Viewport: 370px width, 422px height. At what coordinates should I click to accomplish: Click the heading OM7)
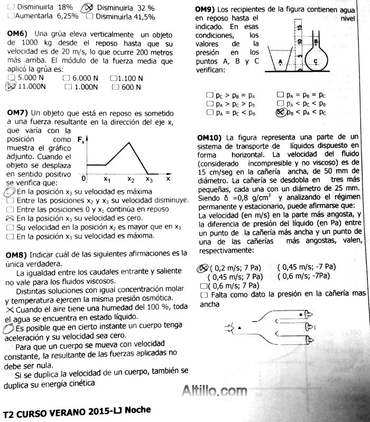coord(16,113)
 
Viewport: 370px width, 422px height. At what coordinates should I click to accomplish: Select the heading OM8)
coord(16,254)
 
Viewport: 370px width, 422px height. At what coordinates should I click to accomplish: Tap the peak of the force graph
coord(129,142)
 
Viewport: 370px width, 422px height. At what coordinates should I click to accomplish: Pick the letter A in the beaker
coord(280,61)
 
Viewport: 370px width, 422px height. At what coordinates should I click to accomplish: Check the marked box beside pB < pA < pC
coord(281,112)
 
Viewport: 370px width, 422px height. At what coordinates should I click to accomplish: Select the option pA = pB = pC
coord(303,96)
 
